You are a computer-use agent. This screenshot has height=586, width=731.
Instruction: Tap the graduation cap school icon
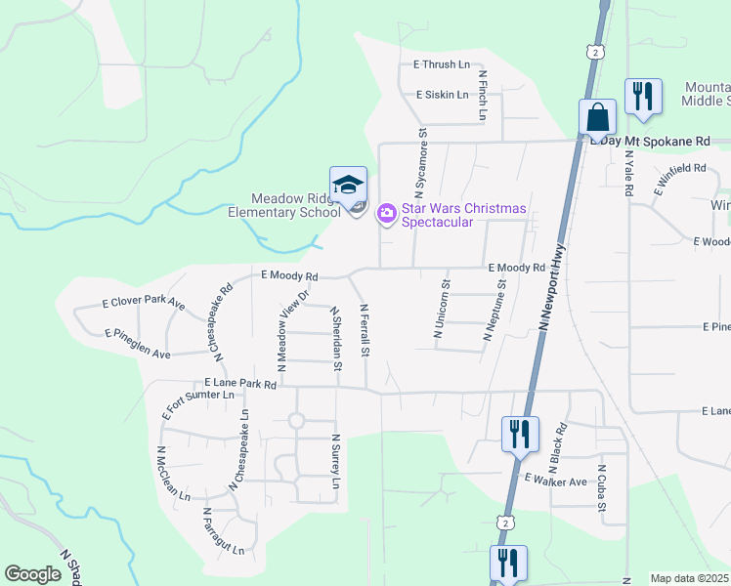348,184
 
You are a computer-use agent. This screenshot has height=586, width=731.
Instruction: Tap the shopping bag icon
597,117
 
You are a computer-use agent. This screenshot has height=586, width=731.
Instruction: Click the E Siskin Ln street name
442,96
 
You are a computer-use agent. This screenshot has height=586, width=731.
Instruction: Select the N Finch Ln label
482,95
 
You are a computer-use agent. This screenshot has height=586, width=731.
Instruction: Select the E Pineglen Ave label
138,342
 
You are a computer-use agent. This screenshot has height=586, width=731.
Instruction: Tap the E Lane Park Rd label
240,385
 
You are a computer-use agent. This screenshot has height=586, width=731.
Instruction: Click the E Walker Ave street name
555,481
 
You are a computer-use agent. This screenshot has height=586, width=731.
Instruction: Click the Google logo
33,575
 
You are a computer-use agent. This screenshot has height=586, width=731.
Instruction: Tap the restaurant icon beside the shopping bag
643,97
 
